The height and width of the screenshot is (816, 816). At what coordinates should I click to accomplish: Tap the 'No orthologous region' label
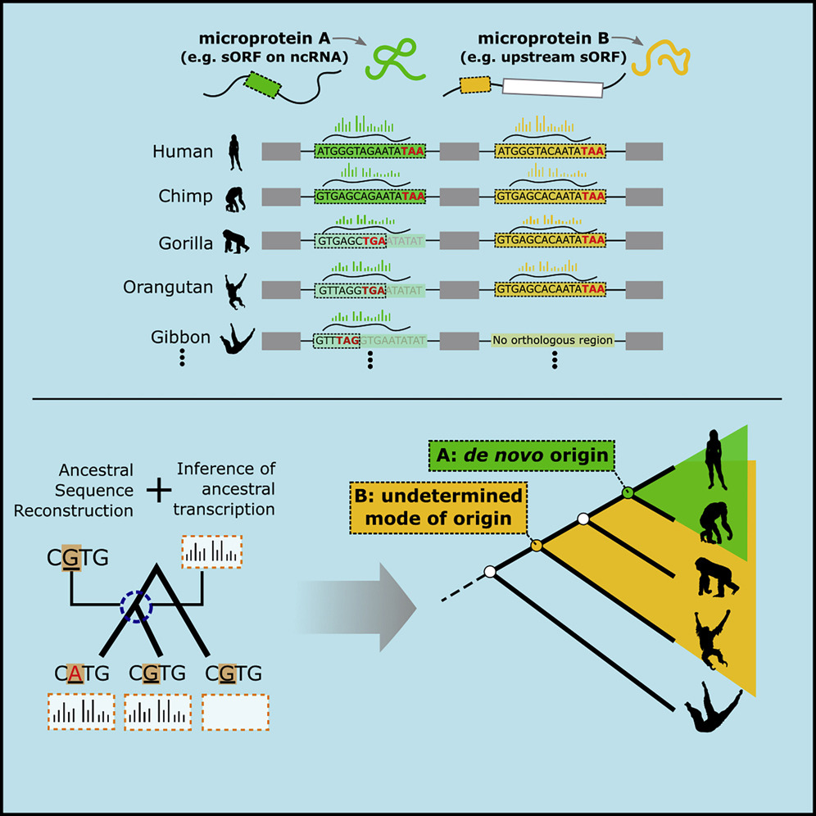tap(552, 339)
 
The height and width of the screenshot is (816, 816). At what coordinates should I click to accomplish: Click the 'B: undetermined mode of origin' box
tap(438, 508)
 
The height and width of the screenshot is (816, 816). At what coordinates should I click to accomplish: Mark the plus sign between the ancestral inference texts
tap(158, 488)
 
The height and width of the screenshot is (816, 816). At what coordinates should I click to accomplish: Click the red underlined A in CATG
tap(74, 673)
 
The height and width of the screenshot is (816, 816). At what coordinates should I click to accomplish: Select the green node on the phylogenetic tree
tap(628, 492)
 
